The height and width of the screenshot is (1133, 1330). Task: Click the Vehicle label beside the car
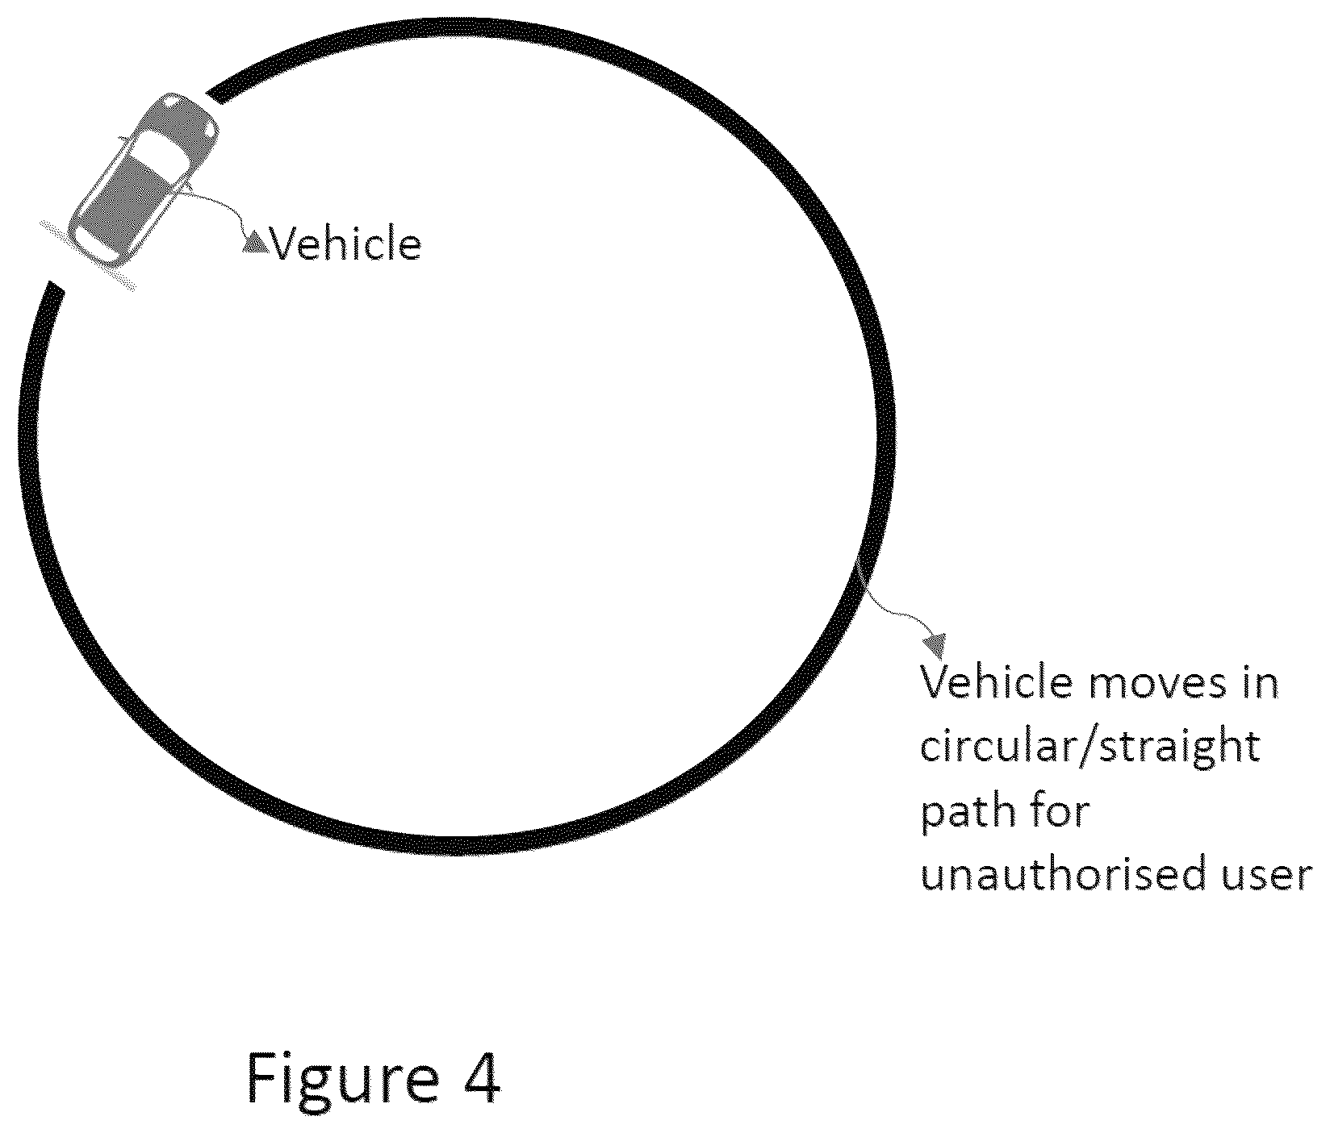(x=345, y=243)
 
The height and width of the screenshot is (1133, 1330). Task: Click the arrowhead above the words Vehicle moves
(x=935, y=644)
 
